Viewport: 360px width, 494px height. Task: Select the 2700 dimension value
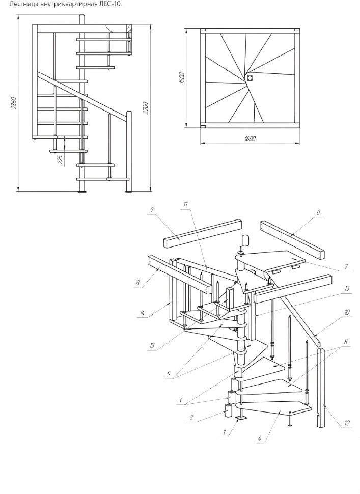click(x=146, y=108)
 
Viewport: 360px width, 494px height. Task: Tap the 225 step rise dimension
click(x=60, y=159)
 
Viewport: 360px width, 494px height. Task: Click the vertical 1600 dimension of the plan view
click(x=181, y=78)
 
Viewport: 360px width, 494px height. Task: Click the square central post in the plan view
click(x=250, y=78)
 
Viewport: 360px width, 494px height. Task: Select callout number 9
click(x=152, y=209)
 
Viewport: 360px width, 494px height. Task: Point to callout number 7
click(x=346, y=266)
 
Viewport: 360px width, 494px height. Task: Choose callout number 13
click(x=347, y=288)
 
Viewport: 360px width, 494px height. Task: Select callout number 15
click(x=152, y=346)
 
